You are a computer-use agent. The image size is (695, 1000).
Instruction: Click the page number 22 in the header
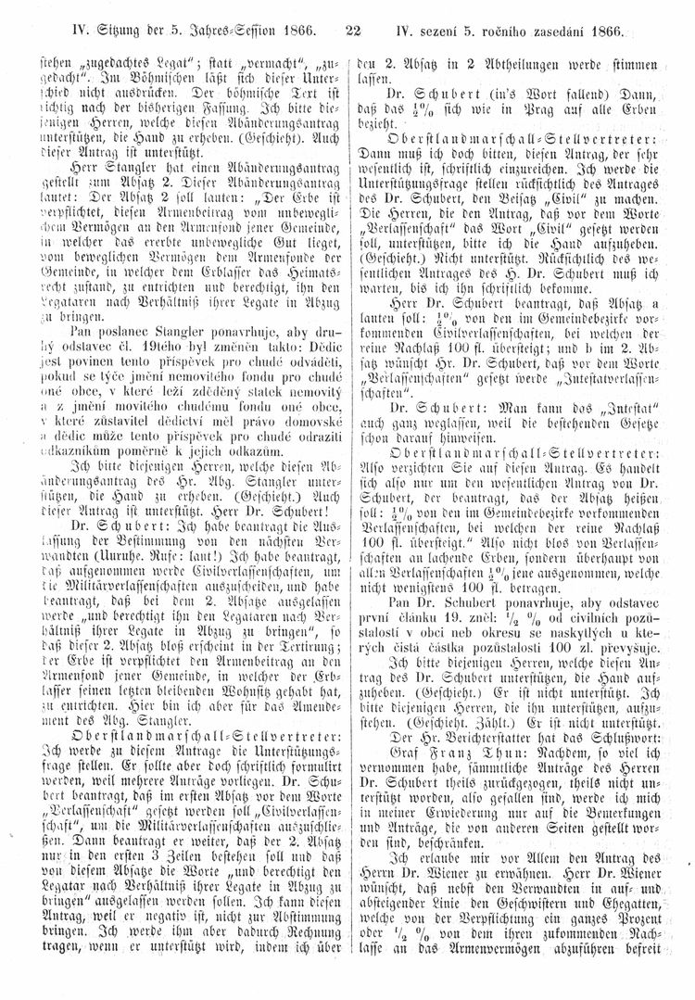(351, 32)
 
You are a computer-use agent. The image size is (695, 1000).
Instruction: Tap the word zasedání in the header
(575, 33)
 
